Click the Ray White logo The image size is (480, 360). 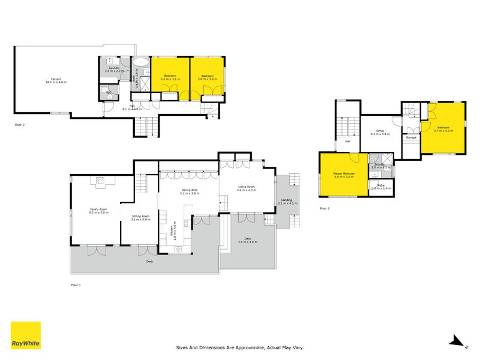pyautogui.click(x=26, y=335)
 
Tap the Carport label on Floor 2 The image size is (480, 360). pyautogui.click(x=56, y=79)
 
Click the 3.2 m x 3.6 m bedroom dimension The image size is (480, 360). pyautogui.click(x=170, y=79)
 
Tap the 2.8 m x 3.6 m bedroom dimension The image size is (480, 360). pyautogui.click(x=208, y=79)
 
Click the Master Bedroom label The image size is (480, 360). pyautogui.click(x=344, y=174)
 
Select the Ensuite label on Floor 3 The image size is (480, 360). pyautogui.click(x=379, y=164)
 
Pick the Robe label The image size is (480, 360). pyautogui.click(x=381, y=185)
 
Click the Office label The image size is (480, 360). pyautogui.click(x=380, y=131)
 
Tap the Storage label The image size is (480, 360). pyautogui.click(x=411, y=138)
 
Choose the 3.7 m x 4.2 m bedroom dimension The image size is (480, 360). pyautogui.click(x=443, y=130)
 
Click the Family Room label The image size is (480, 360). pyautogui.click(x=98, y=209)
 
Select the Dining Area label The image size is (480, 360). pyautogui.click(x=190, y=190)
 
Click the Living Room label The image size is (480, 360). pyautogui.click(x=247, y=187)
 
